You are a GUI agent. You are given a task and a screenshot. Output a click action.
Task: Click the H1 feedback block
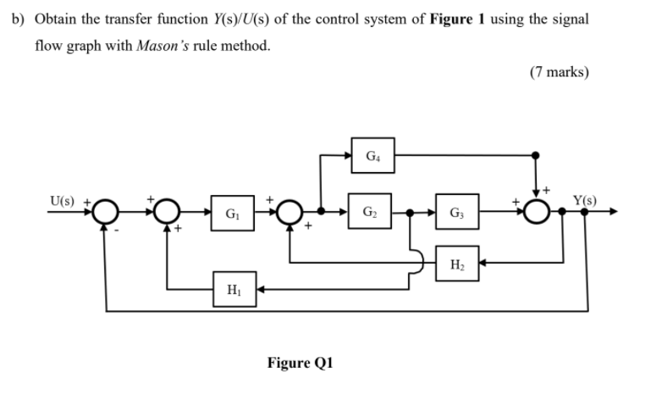click(234, 289)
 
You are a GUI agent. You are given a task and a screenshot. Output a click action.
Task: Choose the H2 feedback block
click(457, 264)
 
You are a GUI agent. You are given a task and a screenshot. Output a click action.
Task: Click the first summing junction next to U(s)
click(104, 211)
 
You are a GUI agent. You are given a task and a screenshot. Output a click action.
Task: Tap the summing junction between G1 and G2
click(289, 211)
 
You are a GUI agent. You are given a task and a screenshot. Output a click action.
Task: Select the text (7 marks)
click(559, 72)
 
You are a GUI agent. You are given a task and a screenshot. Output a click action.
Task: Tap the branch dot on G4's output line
click(535, 155)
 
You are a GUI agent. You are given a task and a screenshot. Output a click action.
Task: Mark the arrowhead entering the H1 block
click(261, 289)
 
